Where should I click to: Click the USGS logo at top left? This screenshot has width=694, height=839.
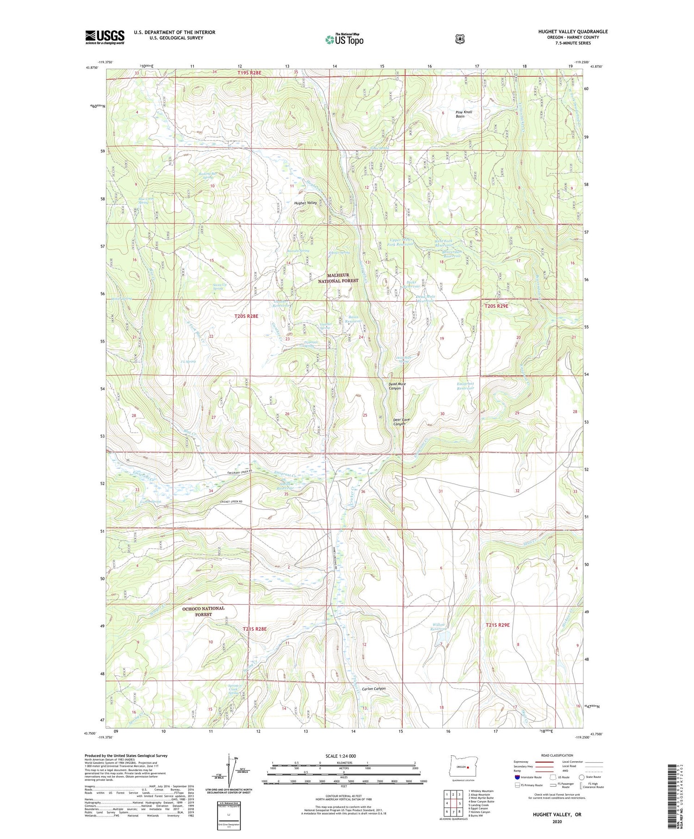pos(105,37)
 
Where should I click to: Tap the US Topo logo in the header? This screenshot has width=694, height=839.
pos(344,39)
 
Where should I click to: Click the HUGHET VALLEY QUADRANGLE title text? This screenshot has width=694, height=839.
pos(573,31)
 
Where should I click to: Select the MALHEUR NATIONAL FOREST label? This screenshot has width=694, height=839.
pos(338,278)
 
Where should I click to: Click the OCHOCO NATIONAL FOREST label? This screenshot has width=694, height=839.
pos(203,611)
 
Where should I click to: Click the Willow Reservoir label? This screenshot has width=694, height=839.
pos(439,627)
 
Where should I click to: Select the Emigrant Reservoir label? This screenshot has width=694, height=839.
pos(465,386)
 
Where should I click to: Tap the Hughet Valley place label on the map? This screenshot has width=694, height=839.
pos(305,203)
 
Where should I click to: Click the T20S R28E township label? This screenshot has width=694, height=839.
pos(246,316)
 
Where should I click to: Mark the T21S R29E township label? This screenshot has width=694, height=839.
pos(497,625)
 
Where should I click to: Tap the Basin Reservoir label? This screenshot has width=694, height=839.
pos(353,319)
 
